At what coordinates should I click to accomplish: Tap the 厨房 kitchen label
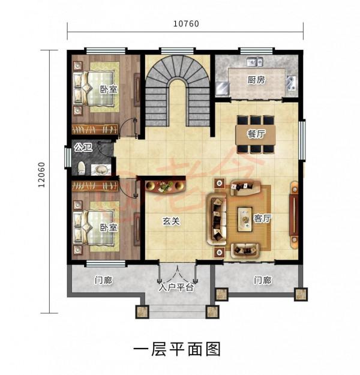click(x=256, y=80)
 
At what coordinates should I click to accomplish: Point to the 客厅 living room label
click(x=262, y=219)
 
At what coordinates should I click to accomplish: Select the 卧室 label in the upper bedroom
click(x=109, y=89)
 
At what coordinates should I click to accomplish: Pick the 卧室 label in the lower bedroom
click(x=109, y=228)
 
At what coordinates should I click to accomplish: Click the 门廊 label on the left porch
click(x=104, y=280)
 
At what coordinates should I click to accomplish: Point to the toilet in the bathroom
click(x=82, y=167)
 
